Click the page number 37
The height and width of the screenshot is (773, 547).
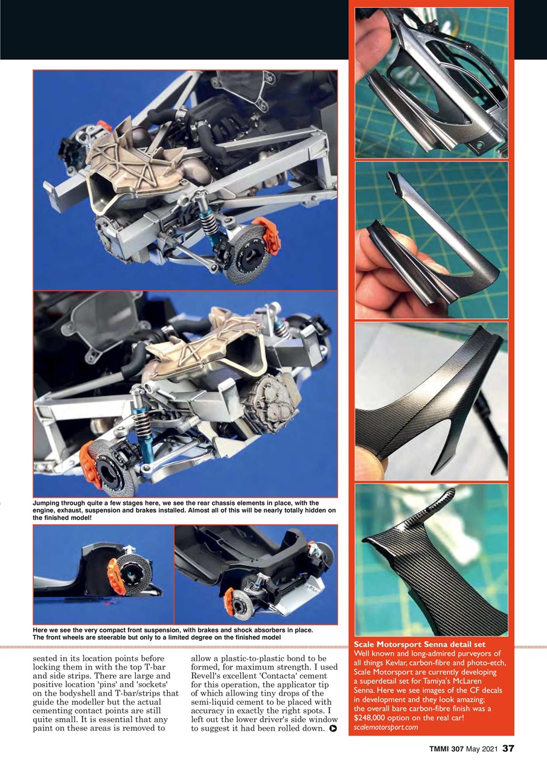[x=508, y=749]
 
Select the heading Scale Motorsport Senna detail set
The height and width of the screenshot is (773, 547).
[x=420, y=645]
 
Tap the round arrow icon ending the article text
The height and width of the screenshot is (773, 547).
[x=332, y=729]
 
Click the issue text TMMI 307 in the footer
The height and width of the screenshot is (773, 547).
[x=443, y=749]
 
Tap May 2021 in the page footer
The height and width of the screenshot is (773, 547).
[x=481, y=749]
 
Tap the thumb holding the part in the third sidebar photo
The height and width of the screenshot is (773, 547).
[x=368, y=462]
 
